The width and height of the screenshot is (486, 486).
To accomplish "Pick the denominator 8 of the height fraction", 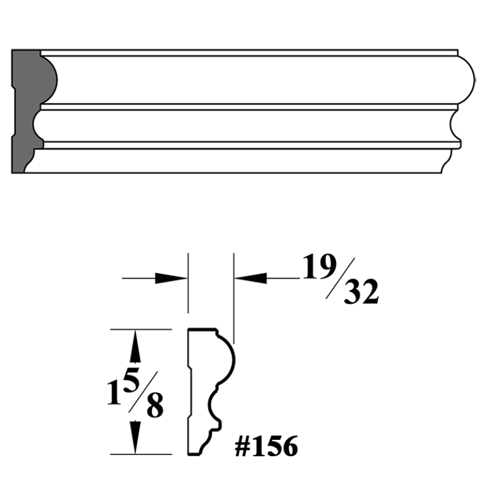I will point(154,408).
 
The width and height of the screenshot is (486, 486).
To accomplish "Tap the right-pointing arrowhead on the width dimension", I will point(171,277).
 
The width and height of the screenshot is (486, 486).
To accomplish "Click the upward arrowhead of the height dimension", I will point(135,346).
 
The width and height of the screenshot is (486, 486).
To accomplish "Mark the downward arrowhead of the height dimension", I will point(135,438).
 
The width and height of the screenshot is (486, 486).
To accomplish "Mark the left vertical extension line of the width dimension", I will point(188,285).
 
